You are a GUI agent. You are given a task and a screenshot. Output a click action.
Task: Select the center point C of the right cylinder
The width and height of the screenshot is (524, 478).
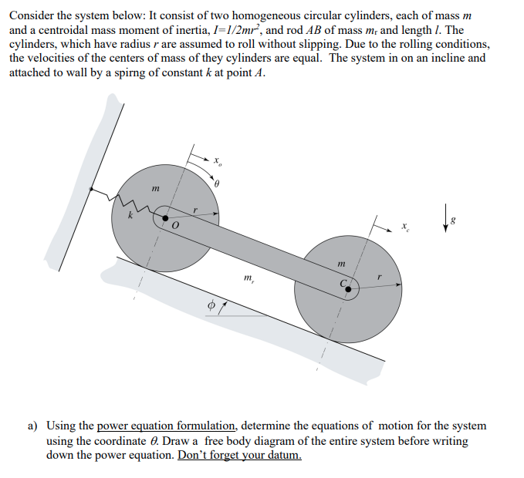pos(349,290)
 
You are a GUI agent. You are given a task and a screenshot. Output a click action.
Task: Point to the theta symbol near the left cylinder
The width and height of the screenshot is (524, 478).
pos(218,185)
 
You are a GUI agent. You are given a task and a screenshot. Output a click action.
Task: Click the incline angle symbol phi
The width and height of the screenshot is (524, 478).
pos(209,307)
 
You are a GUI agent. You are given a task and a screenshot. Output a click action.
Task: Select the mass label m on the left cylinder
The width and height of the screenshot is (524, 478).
pos(155,187)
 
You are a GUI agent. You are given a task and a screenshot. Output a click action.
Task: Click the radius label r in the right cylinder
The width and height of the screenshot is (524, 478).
pos(379,275)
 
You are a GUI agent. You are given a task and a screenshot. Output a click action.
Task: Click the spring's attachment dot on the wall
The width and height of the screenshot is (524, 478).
pos(92,188)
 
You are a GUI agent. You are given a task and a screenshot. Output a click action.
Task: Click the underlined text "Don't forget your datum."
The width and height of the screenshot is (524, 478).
pos(239,455)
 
